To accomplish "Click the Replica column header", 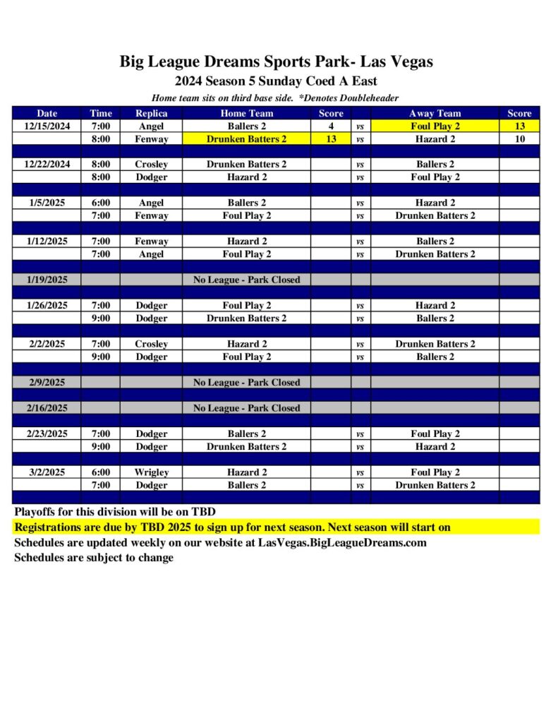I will pos(151,113).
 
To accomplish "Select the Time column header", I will pos(100,113).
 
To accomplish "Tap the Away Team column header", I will pos(435,113).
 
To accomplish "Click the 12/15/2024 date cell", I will pos(47,126).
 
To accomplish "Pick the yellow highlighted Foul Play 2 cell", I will pos(435,126).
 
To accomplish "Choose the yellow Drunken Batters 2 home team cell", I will pos(246,139).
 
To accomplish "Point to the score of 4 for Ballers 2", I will pos(330,126).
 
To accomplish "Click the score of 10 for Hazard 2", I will pos(519,139).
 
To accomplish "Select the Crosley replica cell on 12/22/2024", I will pos(151,165).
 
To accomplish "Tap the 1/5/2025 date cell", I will pos(47,203).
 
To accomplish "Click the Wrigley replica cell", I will pos(151,472).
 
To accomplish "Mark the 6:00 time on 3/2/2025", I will pos(100,472).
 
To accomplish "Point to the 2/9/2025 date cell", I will pos(47,383).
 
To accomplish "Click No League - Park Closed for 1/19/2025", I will pos(246,280).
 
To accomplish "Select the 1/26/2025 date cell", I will pos(47,306).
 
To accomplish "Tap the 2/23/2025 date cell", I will pos(47,434).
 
